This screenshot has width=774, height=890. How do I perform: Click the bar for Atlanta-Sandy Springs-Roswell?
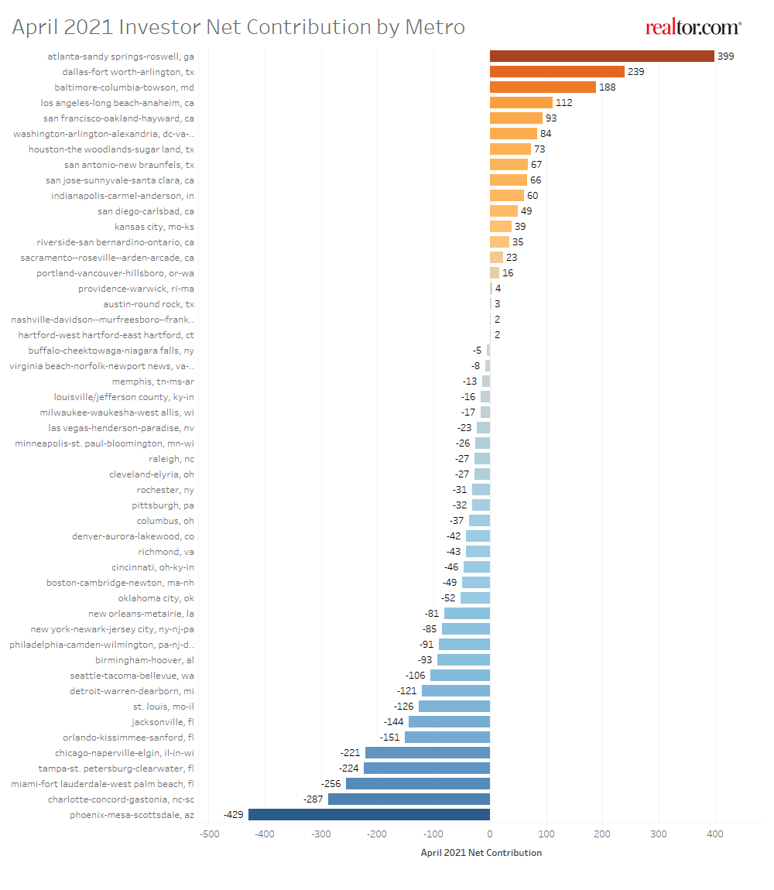pyautogui.click(x=601, y=56)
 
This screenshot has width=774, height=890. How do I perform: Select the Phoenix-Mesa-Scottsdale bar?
pyautogui.click(x=368, y=814)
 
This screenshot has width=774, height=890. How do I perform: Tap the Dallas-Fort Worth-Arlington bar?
pyautogui.click(x=557, y=71)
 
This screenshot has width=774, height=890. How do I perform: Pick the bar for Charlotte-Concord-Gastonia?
pyautogui.click(x=409, y=799)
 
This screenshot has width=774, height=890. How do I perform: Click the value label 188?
pyautogui.click(x=607, y=87)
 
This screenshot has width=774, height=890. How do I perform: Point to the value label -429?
pyautogui.click(x=235, y=815)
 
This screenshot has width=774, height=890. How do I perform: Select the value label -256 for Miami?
pyautogui.click(x=332, y=784)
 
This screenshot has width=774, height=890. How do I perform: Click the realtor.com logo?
pyautogui.click(x=694, y=28)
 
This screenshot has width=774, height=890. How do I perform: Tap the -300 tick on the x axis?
pyautogui.click(x=321, y=834)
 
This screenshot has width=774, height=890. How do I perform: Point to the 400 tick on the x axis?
pyautogui.click(x=715, y=834)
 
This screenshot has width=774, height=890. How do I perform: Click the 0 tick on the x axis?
pyautogui.click(x=490, y=834)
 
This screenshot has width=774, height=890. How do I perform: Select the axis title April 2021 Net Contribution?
pyautogui.click(x=481, y=853)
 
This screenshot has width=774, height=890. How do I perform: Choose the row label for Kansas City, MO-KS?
pyautogui.click(x=154, y=227)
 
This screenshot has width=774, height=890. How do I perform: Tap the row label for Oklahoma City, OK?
pyautogui.click(x=156, y=598)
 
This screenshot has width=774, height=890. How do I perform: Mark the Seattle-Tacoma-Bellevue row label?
pyautogui.click(x=132, y=676)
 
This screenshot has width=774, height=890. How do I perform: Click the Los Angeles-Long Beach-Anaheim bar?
pyautogui.click(x=521, y=102)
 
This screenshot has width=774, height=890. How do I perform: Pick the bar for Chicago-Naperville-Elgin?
pyautogui.click(x=427, y=752)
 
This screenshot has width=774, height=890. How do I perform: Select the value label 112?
pyautogui.click(x=563, y=103)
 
